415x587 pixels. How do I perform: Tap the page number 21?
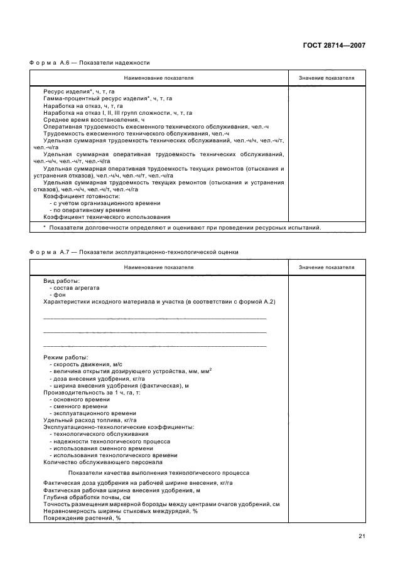pyautogui.click(x=362, y=536)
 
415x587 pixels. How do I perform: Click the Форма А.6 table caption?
pyautogui.click(x=89, y=63)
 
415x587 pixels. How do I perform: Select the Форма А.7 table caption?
pyautogui.click(x=133, y=252)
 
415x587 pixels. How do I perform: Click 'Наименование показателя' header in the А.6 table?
pyautogui.click(x=158, y=78)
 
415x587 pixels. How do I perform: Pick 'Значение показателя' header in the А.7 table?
pyautogui.click(x=326, y=267)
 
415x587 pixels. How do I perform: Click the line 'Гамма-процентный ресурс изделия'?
pyautogui.click(x=107, y=98)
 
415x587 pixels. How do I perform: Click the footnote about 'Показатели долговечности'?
pyautogui.click(x=181, y=228)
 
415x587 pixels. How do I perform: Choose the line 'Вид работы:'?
pyautogui.click(x=62, y=281)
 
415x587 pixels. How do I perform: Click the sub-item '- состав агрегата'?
pyautogui.click(x=74, y=288)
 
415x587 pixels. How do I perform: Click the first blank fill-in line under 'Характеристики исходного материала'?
pyautogui.click(x=154, y=319)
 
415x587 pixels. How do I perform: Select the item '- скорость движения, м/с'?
pyautogui.click(x=85, y=364)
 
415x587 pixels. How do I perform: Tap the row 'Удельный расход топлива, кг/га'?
pyautogui.click(x=90, y=420)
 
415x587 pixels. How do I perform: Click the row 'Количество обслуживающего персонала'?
pyautogui.click(x=98, y=462)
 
